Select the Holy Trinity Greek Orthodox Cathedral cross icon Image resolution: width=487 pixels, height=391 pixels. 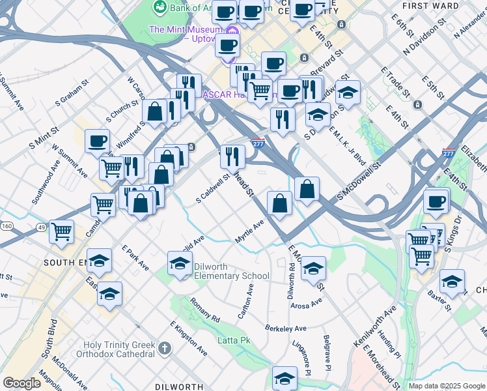tap(165, 349)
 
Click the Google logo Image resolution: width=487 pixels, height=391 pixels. tap(21, 383)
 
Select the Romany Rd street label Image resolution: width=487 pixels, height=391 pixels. tap(205, 310)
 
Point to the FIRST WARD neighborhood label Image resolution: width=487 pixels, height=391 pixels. tap(442, 5)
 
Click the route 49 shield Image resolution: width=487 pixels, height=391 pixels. tap(40, 227)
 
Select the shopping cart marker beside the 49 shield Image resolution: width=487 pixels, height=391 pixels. tap(62, 231)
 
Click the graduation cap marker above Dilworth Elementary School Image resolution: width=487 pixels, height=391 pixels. tap(180, 263)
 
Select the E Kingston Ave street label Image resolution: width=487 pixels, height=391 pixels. tap(188, 338)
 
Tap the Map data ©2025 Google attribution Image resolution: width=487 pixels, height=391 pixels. tap(447, 385)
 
